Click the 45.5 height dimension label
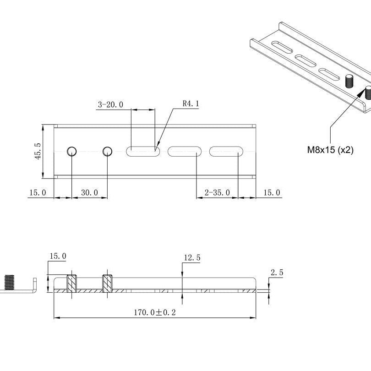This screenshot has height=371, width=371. [x=38, y=151]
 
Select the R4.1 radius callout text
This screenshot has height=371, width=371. [x=191, y=104]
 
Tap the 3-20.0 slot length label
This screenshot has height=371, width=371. [x=110, y=104]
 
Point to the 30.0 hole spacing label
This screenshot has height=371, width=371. [x=89, y=192]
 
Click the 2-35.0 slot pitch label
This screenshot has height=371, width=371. [x=217, y=192]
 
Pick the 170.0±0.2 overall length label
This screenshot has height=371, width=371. [x=155, y=312]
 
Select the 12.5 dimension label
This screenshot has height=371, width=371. [x=192, y=258]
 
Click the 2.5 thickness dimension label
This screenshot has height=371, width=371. [x=277, y=273]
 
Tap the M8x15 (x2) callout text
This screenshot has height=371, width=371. [x=330, y=150]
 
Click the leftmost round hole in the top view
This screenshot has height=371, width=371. [x=72, y=151]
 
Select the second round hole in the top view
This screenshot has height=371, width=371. [x=108, y=151]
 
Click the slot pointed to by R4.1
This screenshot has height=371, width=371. [x=143, y=152]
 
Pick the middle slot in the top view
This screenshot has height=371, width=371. [x=185, y=152]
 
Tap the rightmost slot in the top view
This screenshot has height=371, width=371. [x=226, y=152]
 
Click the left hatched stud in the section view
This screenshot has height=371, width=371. [x=72, y=284]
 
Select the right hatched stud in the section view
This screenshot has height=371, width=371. [x=108, y=284]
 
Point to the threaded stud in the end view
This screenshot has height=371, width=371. [x=9, y=282]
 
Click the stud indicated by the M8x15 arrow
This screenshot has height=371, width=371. [x=368, y=93]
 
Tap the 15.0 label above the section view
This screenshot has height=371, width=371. [x=58, y=256]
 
